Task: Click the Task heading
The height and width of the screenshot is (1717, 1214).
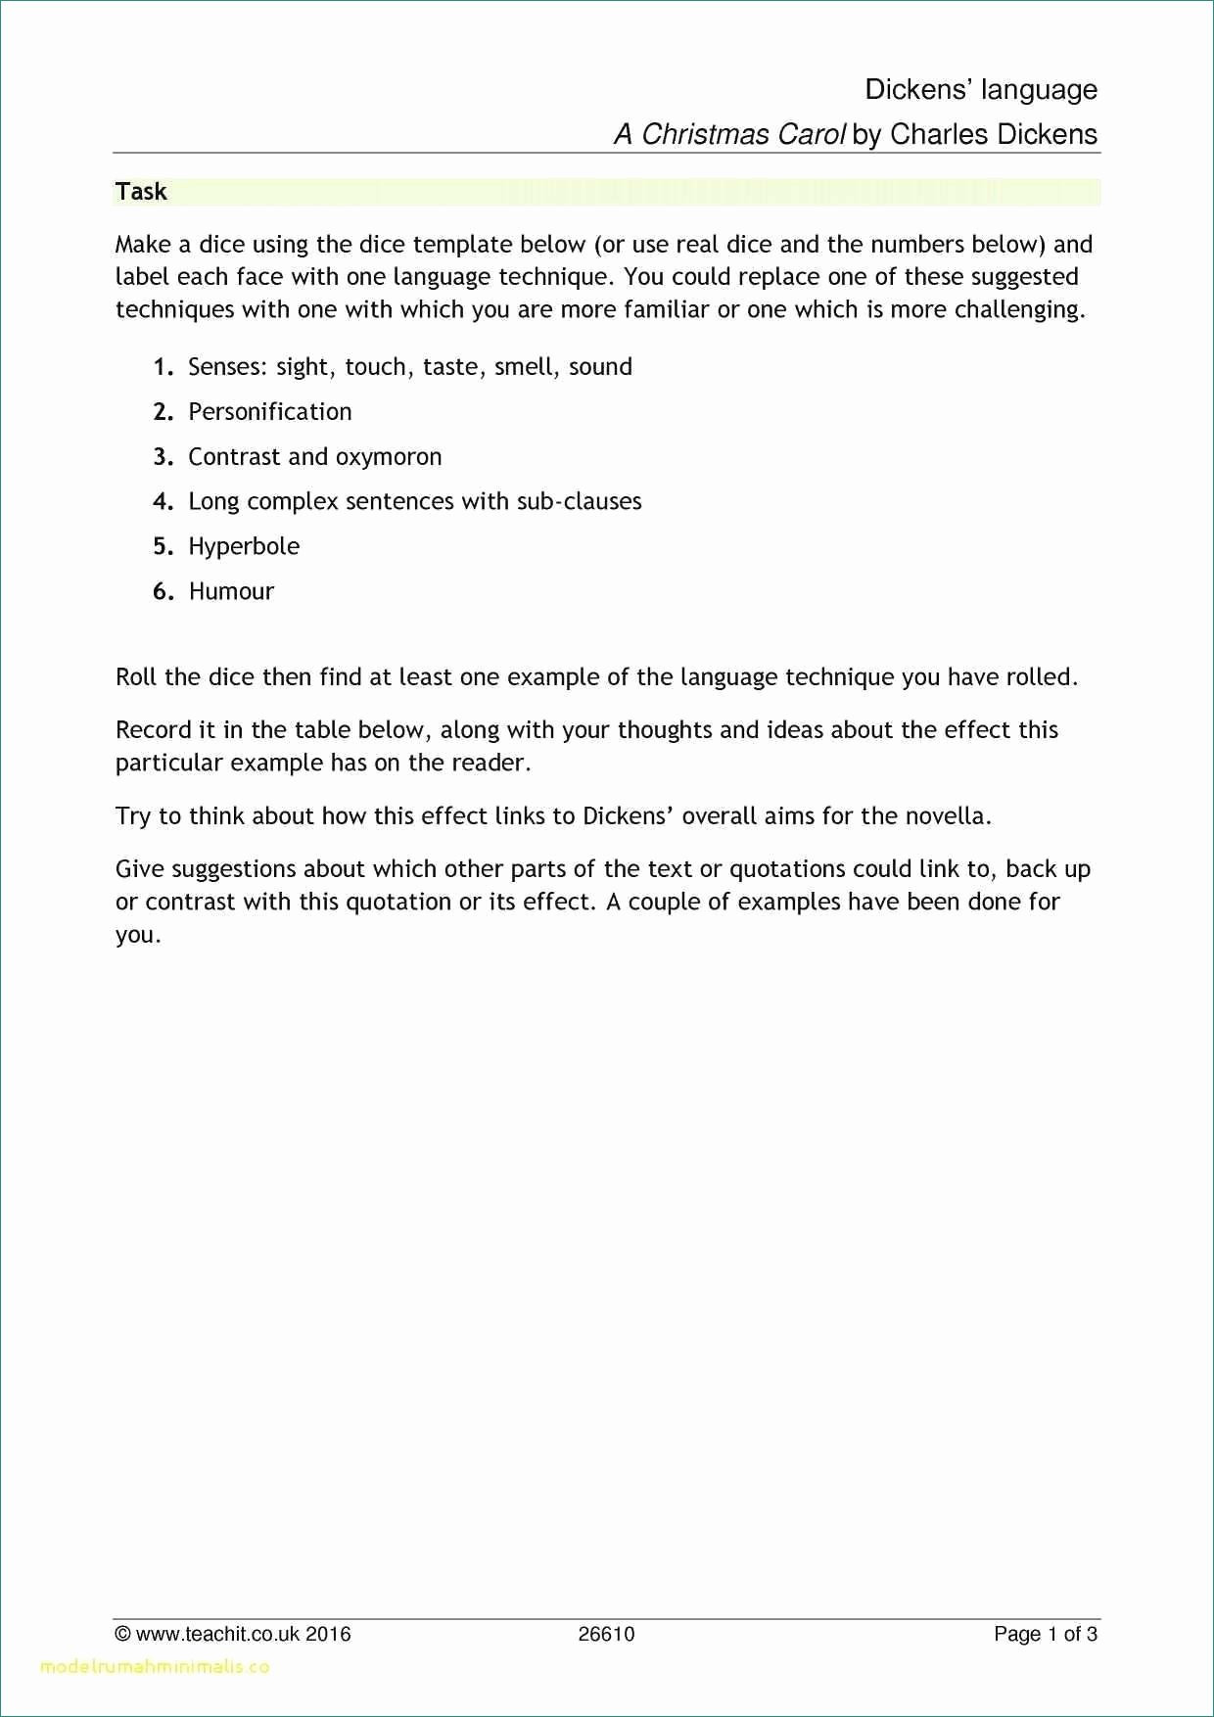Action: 141,192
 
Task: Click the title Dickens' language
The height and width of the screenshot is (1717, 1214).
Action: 980,90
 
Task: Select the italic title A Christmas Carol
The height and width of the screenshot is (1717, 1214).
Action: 728,135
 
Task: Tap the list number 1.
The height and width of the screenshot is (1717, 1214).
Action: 163,367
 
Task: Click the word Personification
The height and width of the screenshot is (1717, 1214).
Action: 269,412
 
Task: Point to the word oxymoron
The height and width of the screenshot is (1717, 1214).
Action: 389,457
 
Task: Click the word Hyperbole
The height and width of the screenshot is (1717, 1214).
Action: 244,546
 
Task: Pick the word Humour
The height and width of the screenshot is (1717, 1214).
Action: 231,591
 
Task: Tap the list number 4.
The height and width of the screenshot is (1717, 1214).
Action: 163,501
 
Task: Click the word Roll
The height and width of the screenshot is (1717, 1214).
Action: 136,677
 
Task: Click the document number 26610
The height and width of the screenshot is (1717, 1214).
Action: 606,1634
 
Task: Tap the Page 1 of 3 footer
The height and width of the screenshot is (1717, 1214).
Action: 1045,1634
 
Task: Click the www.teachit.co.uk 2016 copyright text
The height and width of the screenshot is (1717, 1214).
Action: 233,1634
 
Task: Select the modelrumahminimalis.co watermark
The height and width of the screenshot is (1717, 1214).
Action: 155,1666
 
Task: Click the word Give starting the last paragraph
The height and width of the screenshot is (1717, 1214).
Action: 139,869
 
